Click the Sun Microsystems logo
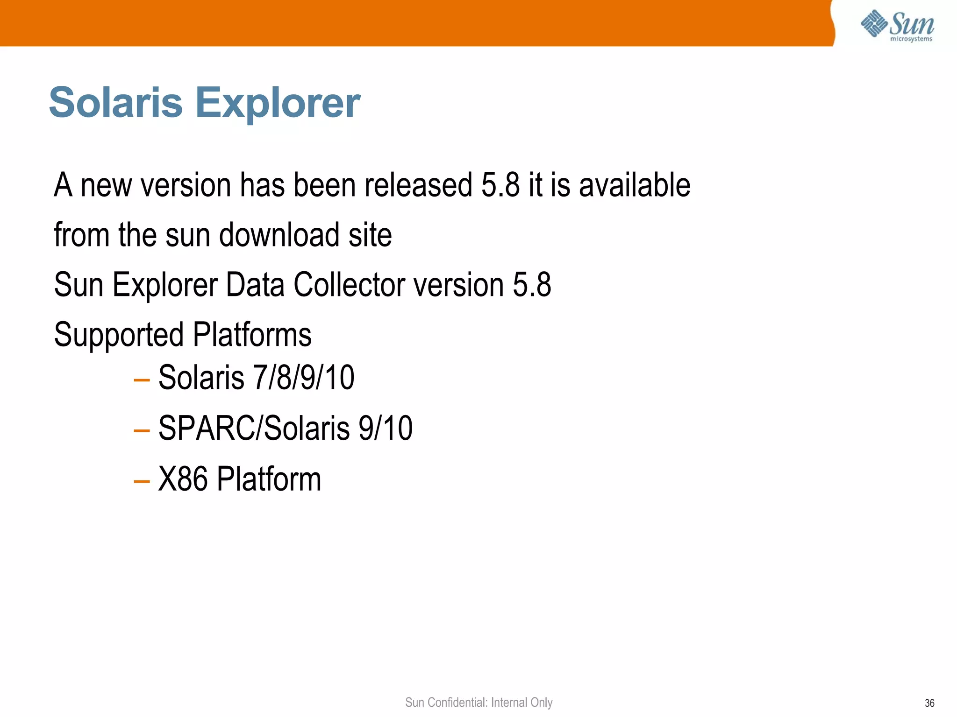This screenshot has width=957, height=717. [x=897, y=26]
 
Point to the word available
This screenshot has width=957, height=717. [x=635, y=185]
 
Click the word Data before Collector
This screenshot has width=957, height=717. [x=255, y=284]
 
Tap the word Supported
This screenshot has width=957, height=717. [x=119, y=335]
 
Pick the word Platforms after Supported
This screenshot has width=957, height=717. [x=252, y=334]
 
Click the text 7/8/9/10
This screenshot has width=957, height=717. [x=304, y=377]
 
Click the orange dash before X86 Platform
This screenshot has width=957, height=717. [x=141, y=480]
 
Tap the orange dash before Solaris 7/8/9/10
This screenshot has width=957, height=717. [x=141, y=380]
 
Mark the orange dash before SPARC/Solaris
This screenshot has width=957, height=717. [x=141, y=430]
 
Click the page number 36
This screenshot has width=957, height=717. [x=929, y=703]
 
